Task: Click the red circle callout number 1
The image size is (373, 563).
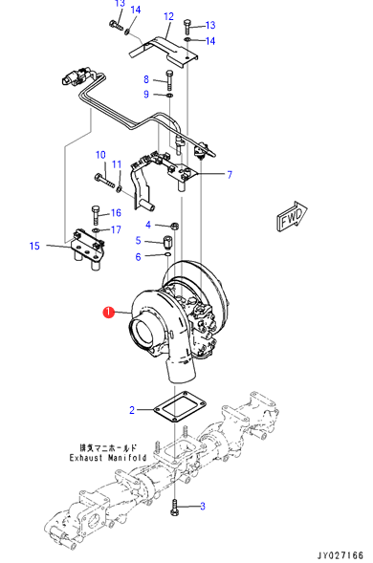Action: click(108, 313)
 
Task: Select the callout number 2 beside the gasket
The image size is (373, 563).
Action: click(132, 410)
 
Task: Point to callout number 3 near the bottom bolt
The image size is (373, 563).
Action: click(203, 507)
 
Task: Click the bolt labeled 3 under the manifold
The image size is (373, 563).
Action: click(175, 508)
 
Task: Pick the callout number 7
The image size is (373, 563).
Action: click(230, 175)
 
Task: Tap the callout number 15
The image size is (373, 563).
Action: click(34, 246)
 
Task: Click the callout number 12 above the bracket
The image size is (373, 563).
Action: click(168, 16)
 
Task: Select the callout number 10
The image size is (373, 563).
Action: click(100, 155)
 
